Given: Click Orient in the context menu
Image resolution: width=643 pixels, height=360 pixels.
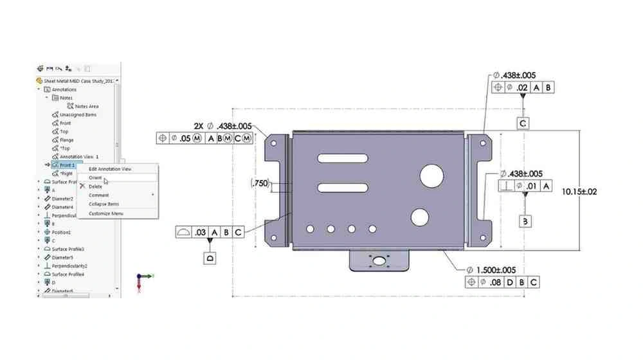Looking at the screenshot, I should click(x=96, y=177).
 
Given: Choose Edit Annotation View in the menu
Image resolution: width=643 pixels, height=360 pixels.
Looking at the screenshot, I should click(x=110, y=168).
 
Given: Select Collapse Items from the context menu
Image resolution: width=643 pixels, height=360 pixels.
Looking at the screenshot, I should click(x=104, y=204).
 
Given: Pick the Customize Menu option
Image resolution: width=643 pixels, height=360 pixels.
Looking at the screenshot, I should click(x=106, y=213).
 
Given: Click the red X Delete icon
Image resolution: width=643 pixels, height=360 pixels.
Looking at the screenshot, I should click(x=82, y=186).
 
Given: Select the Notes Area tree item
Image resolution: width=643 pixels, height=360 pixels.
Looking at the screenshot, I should click(x=87, y=106).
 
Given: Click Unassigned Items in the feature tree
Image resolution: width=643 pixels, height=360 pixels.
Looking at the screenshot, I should click(x=78, y=114).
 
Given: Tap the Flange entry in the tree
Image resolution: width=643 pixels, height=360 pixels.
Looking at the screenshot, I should click(x=67, y=139).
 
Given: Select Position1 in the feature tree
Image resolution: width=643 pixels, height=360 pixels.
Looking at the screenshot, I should click(x=62, y=232).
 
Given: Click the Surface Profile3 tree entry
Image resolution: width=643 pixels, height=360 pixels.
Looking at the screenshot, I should click(x=68, y=249).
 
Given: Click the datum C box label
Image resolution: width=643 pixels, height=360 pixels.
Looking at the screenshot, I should click(x=523, y=123).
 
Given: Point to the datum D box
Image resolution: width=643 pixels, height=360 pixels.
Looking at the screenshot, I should click(x=210, y=258).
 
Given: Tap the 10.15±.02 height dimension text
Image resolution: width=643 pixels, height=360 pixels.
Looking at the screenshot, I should click(x=579, y=192).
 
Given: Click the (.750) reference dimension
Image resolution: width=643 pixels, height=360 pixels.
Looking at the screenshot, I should click(x=259, y=183).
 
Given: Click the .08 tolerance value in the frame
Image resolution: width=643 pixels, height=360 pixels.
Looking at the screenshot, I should click(x=496, y=282).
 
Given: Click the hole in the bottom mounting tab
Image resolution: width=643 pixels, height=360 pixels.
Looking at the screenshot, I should click(x=380, y=261).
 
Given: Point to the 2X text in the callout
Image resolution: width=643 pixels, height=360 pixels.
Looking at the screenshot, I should click(x=199, y=126).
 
